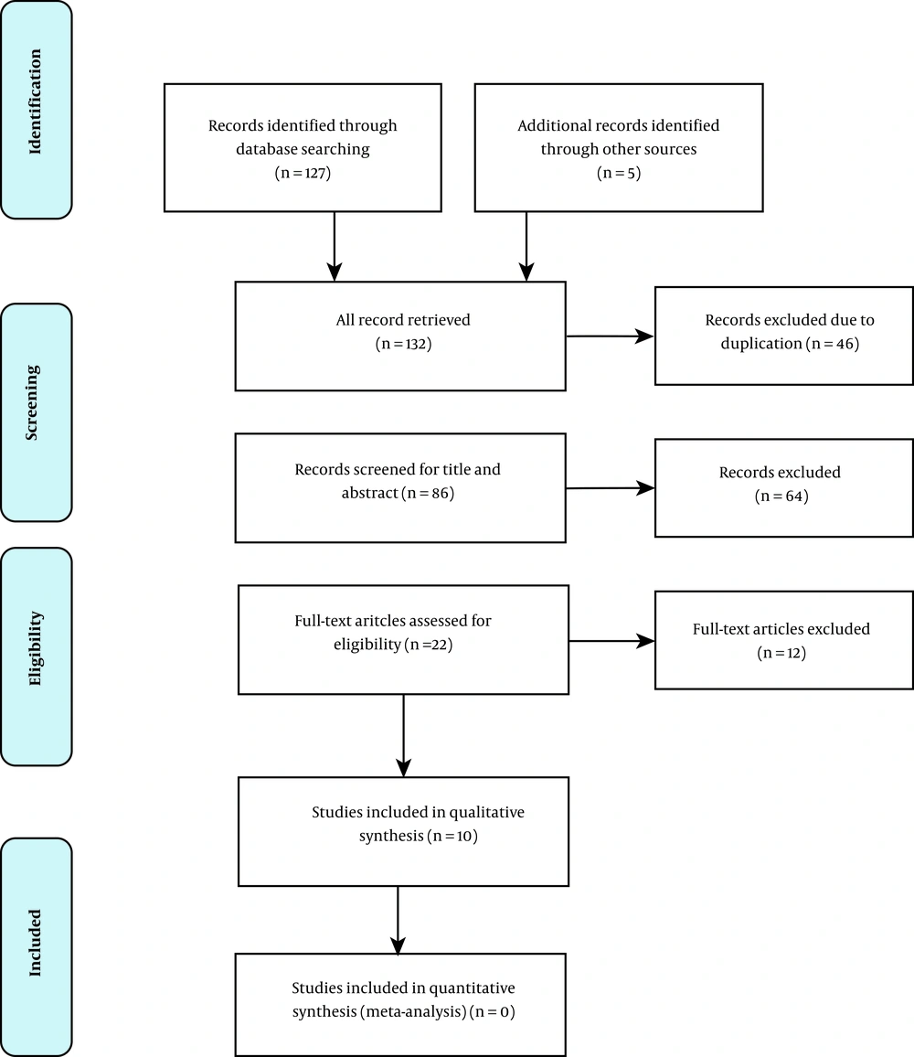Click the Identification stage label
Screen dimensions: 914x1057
tap(35, 101)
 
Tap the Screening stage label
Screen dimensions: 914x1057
tap(32, 402)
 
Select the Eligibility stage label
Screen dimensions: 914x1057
tap(35, 648)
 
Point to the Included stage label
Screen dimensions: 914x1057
tap(35, 943)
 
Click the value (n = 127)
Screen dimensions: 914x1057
tap(303, 173)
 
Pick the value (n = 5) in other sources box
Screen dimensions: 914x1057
tap(619, 173)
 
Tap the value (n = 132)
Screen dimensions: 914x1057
tap(403, 344)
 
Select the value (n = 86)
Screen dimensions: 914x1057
tap(428, 493)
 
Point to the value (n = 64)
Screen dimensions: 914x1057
tap(781, 496)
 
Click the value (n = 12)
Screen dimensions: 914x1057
tap(781, 653)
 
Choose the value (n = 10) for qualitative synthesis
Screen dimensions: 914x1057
tap(452, 836)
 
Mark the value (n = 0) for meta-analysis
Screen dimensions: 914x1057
tap(493, 1011)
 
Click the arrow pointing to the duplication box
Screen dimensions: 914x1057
tap(610, 336)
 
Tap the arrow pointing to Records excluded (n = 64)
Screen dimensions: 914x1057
tap(610, 488)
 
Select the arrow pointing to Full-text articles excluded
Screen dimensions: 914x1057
tap(611, 640)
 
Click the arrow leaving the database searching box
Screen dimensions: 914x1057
tap(335, 246)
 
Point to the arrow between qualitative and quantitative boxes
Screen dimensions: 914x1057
tap(398, 920)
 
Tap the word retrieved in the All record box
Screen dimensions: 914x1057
tap(441, 319)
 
